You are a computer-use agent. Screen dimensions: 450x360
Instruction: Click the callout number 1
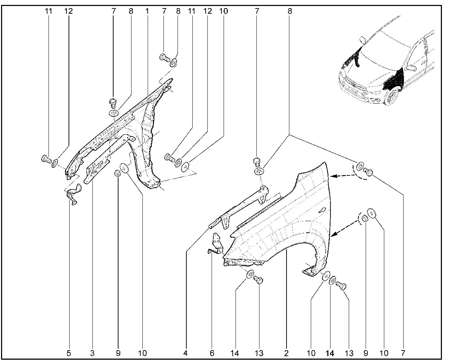coord(147,11)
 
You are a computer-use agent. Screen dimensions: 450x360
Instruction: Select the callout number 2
coord(286,353)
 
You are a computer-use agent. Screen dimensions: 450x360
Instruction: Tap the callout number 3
coord(92,353)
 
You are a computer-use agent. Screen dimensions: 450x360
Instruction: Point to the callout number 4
coord(185,353)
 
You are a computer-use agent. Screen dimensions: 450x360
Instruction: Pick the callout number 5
coord(69,353)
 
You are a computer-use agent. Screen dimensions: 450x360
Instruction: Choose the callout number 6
coord(212,353)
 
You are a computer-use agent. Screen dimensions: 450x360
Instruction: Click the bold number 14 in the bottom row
coord(330,353)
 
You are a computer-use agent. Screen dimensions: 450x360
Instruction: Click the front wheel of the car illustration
coord(391,96)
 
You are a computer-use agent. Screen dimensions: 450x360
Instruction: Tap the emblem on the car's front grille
coord(353,84)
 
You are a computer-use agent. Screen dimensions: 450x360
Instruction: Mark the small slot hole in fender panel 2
coord(322,210)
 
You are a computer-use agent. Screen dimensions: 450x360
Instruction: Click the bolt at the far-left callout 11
coord(46,159)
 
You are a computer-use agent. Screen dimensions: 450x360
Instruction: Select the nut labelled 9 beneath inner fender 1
coord(117,173)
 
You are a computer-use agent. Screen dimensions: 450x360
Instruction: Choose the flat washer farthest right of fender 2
coord(371,213)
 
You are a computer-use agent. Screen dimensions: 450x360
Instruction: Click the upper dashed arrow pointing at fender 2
coord(343,176)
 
